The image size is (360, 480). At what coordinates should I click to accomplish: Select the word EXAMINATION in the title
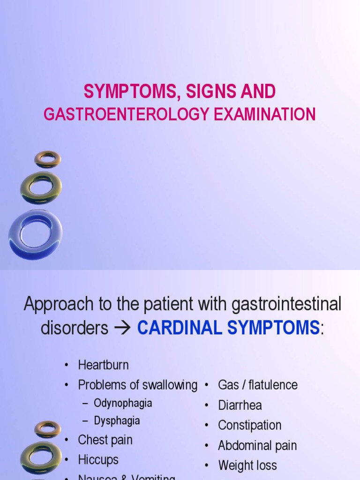coord(265,114)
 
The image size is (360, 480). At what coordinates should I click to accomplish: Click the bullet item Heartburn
coord(103,365)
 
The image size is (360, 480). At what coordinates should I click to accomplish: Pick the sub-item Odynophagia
coord(123,403)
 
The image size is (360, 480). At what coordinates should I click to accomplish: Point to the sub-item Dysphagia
coord(117,420)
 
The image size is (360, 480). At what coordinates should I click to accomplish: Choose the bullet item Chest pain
coord(105,440)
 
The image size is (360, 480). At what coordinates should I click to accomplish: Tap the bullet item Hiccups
coord(98,460)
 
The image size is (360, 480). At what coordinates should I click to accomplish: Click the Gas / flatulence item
coord(257,385)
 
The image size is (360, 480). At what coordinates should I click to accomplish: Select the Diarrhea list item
coord(240,405)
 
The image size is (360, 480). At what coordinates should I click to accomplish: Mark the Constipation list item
coord(249,426)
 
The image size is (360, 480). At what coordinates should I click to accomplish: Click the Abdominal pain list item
coord(257,446)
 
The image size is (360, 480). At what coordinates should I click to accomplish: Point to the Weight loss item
coord(247,466)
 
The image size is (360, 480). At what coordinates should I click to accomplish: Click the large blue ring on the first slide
coord(36,234)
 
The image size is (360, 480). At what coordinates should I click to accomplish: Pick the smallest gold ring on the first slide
coord(47,159)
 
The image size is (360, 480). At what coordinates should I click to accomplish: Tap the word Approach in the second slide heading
coord(53,305)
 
